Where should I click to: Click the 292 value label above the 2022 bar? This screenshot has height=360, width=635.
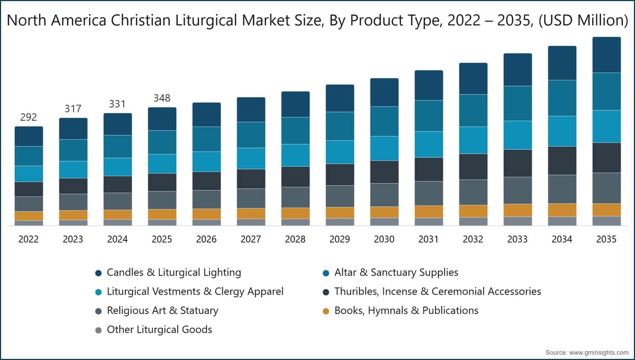tap(29, 117)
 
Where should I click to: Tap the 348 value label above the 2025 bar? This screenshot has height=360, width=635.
tap(162, 98)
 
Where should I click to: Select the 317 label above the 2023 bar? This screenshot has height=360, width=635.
tap(73, 109)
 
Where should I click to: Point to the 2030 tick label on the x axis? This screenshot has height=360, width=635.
tap(384, 239)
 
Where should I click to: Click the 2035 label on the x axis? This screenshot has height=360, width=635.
tap(606, 239)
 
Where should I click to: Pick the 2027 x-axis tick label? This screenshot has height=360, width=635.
tap(251, 239)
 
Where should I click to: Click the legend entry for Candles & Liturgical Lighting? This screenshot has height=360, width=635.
tap(168, 273)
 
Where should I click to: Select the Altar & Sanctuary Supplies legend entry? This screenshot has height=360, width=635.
tap(391, 273)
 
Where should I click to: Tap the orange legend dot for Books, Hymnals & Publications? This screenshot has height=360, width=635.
tap(326, 311)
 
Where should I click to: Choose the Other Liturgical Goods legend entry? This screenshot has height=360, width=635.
tap(153, 330)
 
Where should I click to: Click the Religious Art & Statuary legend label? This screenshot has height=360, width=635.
tap(163, 311)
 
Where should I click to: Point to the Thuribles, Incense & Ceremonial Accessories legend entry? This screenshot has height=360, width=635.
tap(432, 292)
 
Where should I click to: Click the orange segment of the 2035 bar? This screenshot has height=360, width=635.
tap(606, 210)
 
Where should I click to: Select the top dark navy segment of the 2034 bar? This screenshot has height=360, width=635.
tap(562, 63)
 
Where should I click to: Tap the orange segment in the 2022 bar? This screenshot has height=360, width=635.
tap(29, 216)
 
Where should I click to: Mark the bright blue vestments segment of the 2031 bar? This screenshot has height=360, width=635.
tap(429, 145)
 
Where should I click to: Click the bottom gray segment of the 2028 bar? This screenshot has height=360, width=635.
tap(295, 222)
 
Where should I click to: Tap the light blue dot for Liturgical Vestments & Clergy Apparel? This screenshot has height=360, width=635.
tap(98, 292)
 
